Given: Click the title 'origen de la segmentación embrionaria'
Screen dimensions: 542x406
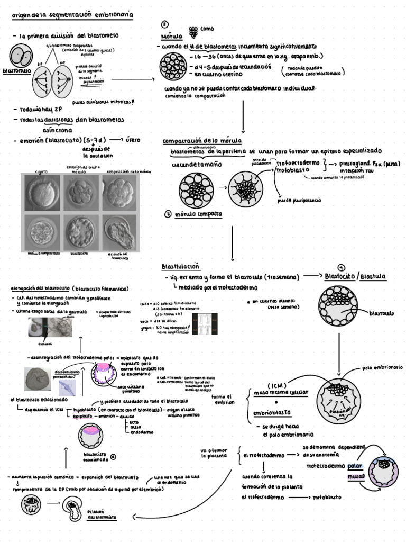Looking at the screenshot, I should pyautogui.click(x=72, y=16).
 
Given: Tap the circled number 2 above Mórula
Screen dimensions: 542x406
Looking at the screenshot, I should pyautogui.click(x=165, y=25).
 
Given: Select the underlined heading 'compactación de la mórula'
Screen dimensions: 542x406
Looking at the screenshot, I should pyautogui.click(x=202, y=141).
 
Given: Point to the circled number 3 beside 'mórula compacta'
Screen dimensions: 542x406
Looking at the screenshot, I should pyautogui.click(x=168, y=214).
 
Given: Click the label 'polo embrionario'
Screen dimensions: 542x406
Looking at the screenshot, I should pyautogui.click(x=383, y=367).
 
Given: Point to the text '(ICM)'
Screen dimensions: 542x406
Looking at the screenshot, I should pyautogui.click(x=276, y=385).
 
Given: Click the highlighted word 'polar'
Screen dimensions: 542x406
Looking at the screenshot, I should pyautogui.click(x=355, y=466).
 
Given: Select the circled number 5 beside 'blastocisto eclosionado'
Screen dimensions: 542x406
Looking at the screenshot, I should pyautogui.click(x=113, y=456).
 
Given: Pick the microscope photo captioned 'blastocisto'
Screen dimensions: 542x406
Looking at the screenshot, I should pyautogui.click(x=80, y=231).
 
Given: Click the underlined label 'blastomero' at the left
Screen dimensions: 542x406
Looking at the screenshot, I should pyautogui.click(x=16, y=70).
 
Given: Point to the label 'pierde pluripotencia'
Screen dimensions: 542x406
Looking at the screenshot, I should pyautogui.click(x=299, y=201).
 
